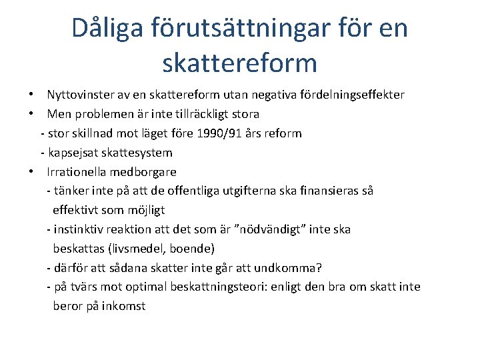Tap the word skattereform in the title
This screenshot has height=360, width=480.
239,63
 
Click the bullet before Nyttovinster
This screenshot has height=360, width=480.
32,95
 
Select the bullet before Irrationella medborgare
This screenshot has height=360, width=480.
32,171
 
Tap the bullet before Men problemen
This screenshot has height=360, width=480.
32,114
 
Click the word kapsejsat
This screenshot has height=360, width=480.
73,153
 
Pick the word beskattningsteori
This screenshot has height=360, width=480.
219,287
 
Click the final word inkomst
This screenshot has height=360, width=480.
123,306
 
